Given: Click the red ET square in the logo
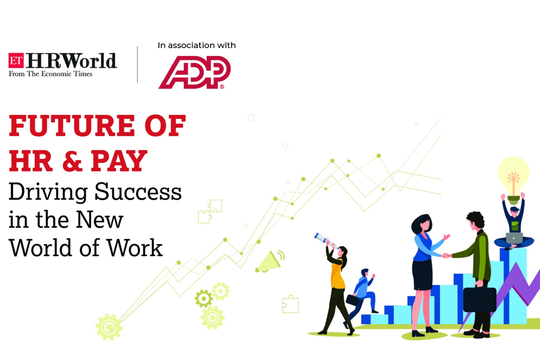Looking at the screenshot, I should click(16, 60).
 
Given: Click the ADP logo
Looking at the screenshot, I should click(195, 72).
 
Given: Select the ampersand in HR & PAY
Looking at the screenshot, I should click(72, 161).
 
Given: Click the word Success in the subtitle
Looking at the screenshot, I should click(138, 192).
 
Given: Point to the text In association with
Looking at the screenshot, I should click(196, 45).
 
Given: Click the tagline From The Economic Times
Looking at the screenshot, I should click(50, 74).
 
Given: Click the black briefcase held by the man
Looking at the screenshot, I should click(479, 299).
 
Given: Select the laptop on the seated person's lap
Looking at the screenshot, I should click(514, 238).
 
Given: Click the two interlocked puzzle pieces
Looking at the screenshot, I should click(210, 211).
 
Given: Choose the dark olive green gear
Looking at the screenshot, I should click(204, 299).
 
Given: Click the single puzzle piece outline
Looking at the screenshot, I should click(290, 304).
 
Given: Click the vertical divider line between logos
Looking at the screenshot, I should click(137, 65).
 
